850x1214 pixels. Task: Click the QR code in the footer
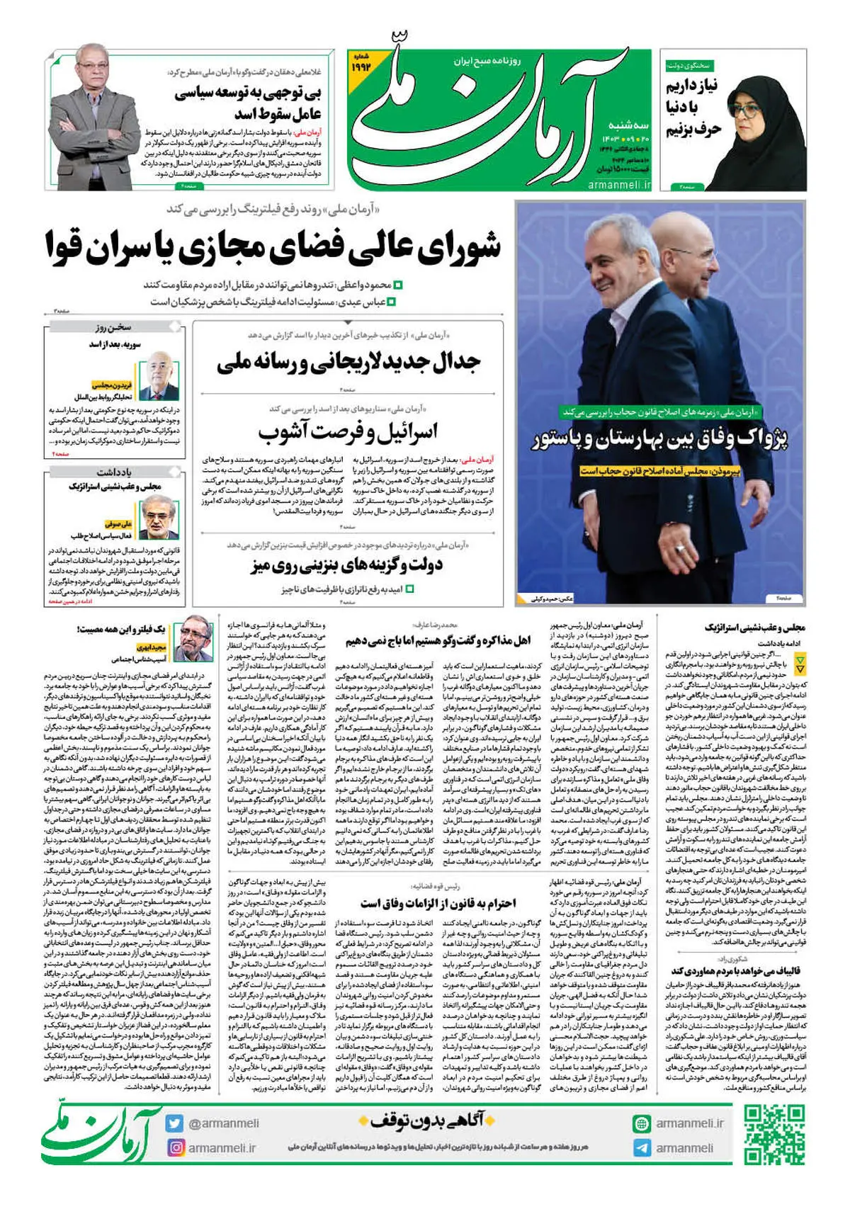(x=775, y=1135)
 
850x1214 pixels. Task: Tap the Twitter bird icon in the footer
(x=174, y=1123)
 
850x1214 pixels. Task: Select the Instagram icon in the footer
(x=174, y=1147)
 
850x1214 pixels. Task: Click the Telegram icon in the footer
(x=642, y=1148)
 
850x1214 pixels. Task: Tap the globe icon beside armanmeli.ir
(x=642, y=1123)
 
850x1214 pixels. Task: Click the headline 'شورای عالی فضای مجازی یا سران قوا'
(x=273, y=246)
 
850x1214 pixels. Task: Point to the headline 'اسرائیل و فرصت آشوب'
(x=348, y=431)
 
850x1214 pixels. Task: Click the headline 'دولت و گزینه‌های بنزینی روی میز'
(x=347, y=565)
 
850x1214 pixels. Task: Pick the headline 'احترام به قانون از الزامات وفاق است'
(x=438, y=903)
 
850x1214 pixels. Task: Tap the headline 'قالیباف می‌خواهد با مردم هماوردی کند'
(x=737, y=970)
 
